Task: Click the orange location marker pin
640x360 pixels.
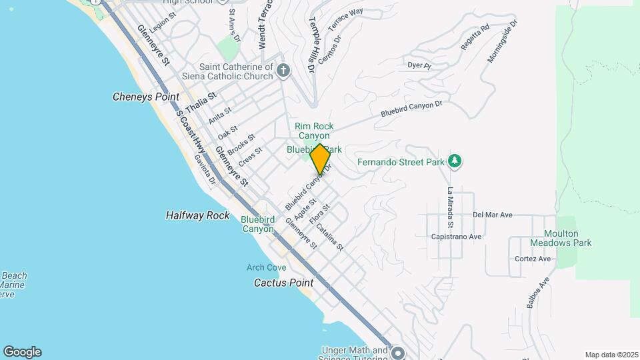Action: click(319, 159)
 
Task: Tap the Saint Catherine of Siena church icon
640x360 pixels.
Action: click(284, 71)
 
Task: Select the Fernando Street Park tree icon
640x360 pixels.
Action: click(455, 161)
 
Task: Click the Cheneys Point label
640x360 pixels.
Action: click(146, 97)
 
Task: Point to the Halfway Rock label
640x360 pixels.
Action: click(197, 215)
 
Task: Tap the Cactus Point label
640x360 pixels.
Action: click(283, 283)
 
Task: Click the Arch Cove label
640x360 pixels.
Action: click(266, 267)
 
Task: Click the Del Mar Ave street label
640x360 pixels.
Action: click(492, 215)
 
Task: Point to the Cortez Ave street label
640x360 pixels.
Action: click(533, 259)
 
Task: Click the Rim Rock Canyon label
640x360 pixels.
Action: click(314, 131)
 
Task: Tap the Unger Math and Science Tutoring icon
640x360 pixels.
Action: click(398, 352)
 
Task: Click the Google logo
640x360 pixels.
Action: click(22, 352)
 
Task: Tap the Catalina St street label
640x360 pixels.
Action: click(329, 237)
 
